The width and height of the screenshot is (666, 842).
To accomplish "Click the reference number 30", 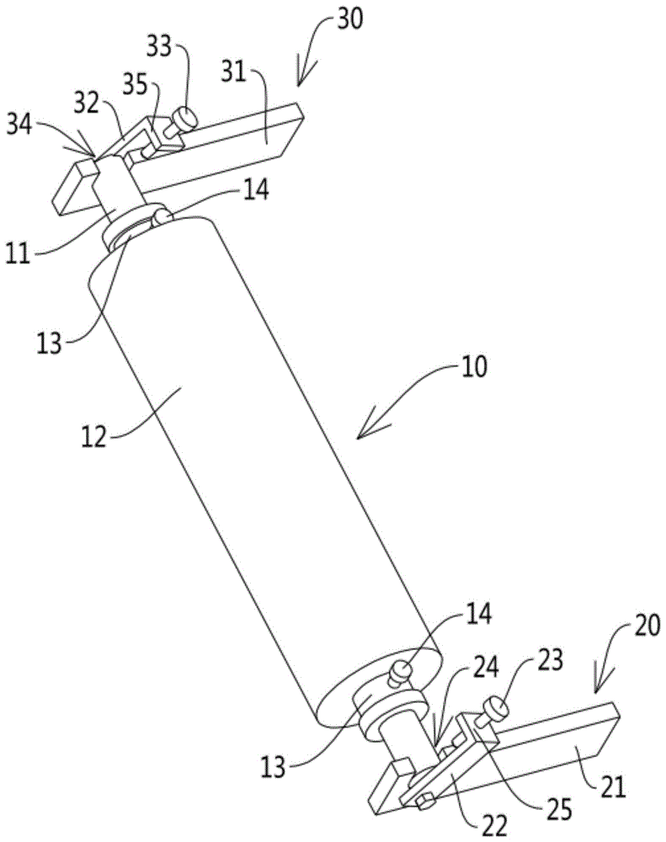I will click(x=349, y=19).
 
